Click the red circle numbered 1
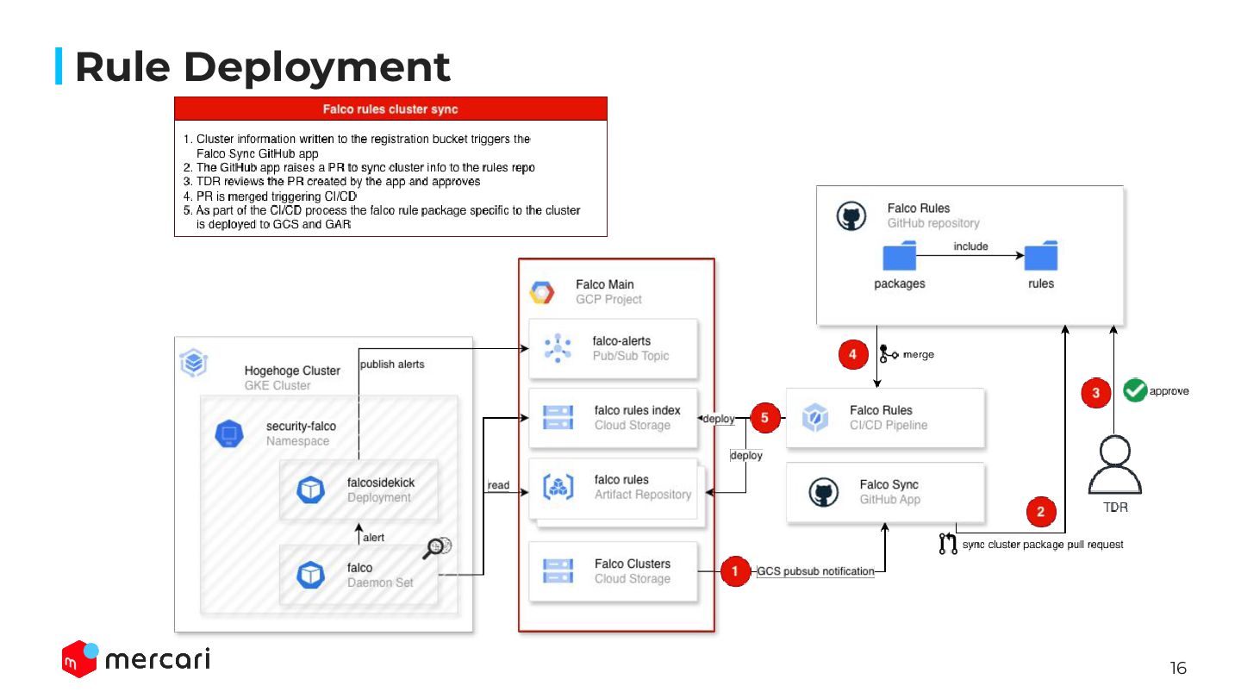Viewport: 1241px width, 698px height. coord(735,571)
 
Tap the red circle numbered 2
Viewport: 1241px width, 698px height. coord(1041,512)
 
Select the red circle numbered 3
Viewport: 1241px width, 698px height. coord(1096,393)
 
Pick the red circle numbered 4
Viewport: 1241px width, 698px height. coord(852,354)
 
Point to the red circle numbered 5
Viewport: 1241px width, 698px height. coord(764,419)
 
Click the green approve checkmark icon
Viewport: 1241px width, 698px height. coord(1134,391)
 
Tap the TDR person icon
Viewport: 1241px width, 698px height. coord(1115,465)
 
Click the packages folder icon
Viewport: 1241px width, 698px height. coord(899,257)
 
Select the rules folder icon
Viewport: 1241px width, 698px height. coord(1040,256)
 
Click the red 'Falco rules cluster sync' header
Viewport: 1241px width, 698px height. coord(390,109)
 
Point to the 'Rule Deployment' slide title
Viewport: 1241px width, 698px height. coord(262,67)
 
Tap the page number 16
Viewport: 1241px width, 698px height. coord(1178,668)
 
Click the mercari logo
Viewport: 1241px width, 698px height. coord(136,659)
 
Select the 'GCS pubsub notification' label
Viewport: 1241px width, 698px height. coord(815,571)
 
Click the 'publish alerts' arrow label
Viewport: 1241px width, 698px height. coord(392,365)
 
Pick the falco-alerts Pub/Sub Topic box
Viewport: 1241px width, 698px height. coord(613,348)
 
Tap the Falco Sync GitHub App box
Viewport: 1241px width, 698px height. coord(885,492)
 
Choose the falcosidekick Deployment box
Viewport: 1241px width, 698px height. coord(359,490)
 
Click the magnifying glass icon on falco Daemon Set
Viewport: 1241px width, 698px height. coord(438,547)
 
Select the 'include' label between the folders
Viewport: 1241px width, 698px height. coord(970,246)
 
